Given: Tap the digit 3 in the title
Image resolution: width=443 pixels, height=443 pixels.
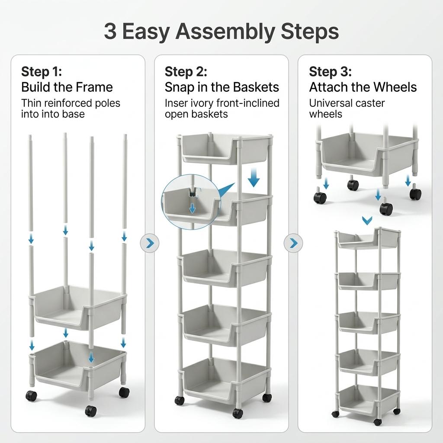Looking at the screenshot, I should [110, 32].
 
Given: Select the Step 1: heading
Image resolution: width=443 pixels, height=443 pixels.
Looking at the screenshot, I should [42, 71].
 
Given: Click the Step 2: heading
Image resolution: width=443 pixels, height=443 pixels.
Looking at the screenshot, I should [186, 71].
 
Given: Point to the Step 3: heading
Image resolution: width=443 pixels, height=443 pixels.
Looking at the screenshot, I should [330, 71].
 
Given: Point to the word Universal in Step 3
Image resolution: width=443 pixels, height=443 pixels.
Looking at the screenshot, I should [331, 103].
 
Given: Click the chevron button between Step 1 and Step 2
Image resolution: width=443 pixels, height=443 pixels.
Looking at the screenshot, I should [150, 243].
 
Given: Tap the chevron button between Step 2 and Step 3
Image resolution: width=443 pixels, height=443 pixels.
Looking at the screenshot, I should [293, 243].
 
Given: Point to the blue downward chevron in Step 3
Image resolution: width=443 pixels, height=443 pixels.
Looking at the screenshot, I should [367, 221].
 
